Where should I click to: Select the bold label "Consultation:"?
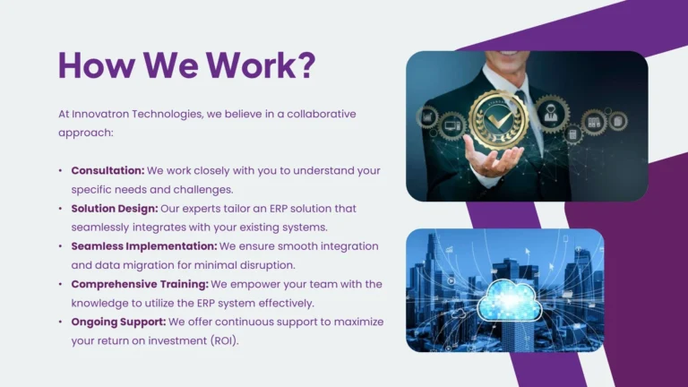coord(107,170)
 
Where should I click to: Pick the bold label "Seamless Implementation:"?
coord(144,245)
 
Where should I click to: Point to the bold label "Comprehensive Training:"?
coord(140,284)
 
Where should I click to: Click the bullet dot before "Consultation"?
coord(61,170)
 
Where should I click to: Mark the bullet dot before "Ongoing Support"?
coord(61,322)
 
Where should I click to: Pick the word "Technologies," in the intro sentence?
coord(176,114)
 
